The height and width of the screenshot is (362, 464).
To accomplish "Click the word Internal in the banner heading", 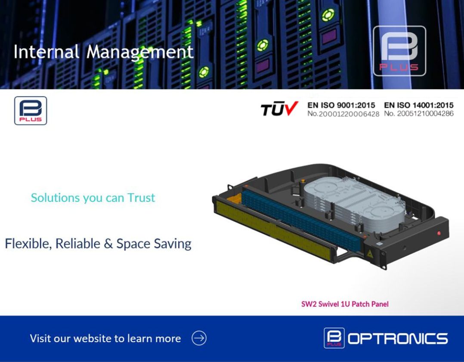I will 46,52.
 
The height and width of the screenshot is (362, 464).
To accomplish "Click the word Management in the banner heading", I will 140,52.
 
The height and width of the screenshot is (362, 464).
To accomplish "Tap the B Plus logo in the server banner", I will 399,51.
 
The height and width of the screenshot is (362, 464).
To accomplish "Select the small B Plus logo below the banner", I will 31,111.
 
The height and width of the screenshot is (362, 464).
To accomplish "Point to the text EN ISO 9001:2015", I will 341,105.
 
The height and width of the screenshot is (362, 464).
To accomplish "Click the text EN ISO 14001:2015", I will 418,105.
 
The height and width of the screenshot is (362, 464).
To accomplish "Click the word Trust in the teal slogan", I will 141,198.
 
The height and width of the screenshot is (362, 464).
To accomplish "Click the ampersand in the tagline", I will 108,244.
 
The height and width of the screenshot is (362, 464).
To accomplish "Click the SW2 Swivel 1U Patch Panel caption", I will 345,304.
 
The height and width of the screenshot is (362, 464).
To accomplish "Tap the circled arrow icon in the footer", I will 199,338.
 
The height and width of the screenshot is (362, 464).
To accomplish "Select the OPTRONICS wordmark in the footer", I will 397,339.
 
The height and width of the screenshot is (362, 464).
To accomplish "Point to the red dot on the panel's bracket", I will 438,233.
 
